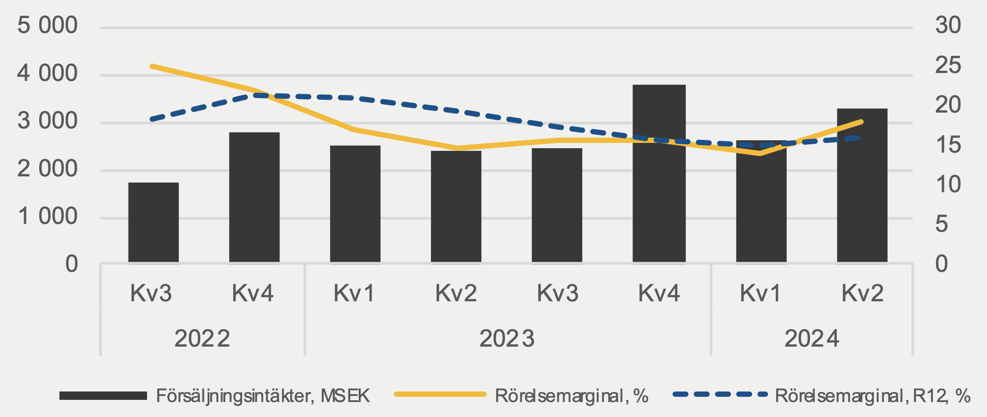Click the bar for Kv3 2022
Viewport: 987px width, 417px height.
click(153, 222)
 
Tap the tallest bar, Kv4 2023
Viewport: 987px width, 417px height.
click(659, 173)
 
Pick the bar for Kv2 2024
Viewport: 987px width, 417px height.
click(862, 185)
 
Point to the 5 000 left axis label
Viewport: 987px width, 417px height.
click(47, 26)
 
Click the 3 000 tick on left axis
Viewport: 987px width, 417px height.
click(47, 121)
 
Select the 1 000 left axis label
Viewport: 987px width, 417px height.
click(47, 216)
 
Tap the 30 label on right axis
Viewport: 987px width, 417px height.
click(948, 25)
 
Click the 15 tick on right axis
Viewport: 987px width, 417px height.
click(948, 145)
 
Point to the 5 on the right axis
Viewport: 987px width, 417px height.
click(942, 224)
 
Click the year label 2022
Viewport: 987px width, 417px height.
click(202, 339)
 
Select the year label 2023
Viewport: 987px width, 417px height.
click(507, 339)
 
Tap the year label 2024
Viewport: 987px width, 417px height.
click(811, 339)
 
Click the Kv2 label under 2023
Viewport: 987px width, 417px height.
click(456, 293)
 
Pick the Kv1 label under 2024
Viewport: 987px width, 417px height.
click(760, 293)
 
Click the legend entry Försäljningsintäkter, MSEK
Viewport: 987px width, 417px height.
click(263, 396)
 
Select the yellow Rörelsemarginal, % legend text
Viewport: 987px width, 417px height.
click(571, 396)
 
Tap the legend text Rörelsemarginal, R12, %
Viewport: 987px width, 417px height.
click(872, 396)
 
